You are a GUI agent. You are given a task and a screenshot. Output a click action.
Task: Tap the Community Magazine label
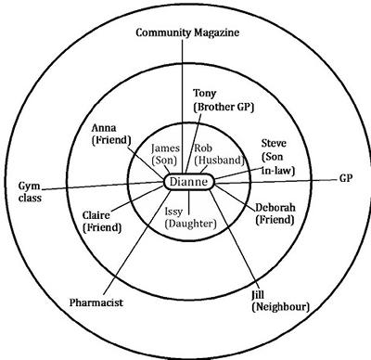(188, 32)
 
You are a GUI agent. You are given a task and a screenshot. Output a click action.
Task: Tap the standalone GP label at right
(346, 176)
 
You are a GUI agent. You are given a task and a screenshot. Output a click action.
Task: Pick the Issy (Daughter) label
(189, 217)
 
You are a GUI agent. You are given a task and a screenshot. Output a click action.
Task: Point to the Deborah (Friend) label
(277, 214)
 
